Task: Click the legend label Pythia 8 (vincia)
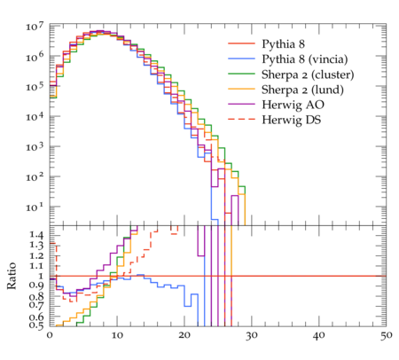305,59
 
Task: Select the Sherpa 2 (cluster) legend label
308,74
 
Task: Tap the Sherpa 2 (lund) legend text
302,90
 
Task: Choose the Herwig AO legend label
293,105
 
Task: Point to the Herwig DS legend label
292,120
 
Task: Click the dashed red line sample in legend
241,119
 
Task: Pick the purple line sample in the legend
241,104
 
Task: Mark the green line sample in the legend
241,74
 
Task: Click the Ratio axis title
12,276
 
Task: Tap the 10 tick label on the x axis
117,335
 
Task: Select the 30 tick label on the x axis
252,335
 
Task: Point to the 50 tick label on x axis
386,335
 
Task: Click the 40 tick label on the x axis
319,335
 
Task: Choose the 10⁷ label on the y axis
35,27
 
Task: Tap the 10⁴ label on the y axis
35,117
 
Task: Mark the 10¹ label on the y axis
35,207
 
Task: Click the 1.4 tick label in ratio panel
36,235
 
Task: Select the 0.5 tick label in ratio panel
36,325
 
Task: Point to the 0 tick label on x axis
50,335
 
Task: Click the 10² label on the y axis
35,177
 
